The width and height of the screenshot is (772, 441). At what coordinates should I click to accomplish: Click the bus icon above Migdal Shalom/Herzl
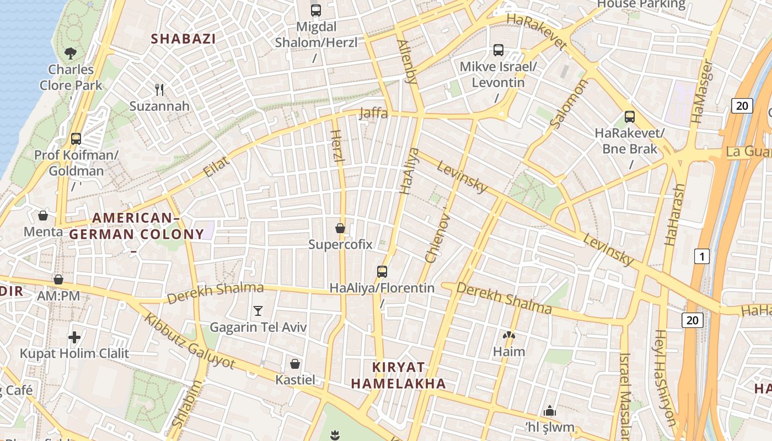tap(315, 10)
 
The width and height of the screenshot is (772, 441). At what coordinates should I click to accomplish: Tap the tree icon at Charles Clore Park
tap(71, 53)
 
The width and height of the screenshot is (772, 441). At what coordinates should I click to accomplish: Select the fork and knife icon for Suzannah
tap(159, 90)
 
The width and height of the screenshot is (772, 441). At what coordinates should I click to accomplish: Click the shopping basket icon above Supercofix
tap(340, 228)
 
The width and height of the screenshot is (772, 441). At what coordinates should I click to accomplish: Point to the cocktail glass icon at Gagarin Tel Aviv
tap(258, 311)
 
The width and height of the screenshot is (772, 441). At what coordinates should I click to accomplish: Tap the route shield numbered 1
tap(701, 256)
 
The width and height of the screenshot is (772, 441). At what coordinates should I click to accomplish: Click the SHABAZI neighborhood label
tap(183, 39)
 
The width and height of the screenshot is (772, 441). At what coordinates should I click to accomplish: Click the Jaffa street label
tap(373, 114)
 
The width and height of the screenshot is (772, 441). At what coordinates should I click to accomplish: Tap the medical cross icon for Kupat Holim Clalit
tap(74, 337)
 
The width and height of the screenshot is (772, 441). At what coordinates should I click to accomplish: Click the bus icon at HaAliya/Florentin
tap(382, 271)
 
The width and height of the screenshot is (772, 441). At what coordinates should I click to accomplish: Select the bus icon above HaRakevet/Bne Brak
tap(630, 117)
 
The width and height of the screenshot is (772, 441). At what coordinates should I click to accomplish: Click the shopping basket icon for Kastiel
tap(295, 364)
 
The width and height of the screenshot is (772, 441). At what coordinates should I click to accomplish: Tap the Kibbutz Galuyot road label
tap(190, 342)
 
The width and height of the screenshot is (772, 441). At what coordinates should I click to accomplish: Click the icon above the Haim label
tap(508, 335)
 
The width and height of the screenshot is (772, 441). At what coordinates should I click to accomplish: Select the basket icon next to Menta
tap(43, 216)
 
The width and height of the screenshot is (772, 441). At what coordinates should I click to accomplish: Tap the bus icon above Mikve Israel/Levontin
tap(498, 50)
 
